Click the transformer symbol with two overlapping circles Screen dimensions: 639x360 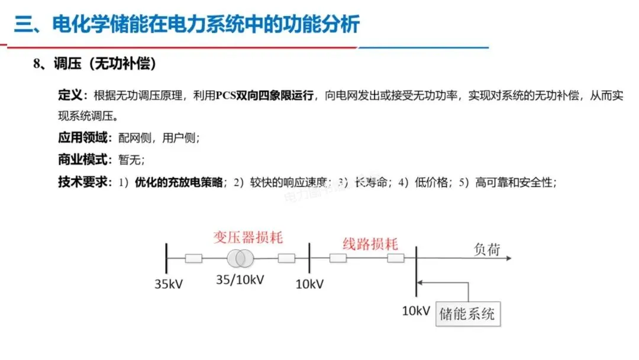point(238,258)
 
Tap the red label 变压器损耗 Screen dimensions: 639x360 point(248,238)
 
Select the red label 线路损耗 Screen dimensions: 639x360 point(370,244)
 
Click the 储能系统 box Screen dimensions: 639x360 point(467,314)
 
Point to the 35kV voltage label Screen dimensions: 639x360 point(169,284)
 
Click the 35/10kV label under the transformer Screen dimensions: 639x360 point(240,279)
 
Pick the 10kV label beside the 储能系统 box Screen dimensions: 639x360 point(417,310)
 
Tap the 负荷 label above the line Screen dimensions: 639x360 point(487,249)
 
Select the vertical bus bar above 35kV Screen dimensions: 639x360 point(167,258)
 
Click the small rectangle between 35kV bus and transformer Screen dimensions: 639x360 point(193,258)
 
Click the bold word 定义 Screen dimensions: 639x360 point(72,95)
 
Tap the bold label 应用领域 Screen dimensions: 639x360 point(84,138)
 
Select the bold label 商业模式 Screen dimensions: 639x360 point(84,160)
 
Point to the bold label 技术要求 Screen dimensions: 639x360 point(84,182)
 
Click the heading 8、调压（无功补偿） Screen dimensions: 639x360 point(95,64)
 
